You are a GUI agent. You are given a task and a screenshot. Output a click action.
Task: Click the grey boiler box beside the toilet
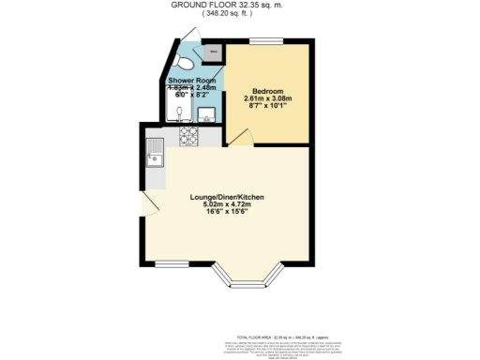[x=214, y=52]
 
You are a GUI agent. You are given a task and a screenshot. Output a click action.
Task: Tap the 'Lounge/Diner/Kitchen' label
[x=228, y=197]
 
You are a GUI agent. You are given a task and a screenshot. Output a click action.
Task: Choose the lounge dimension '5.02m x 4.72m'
[x=228, y=205]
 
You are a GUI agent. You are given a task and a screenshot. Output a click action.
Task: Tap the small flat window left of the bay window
[x=172, y=262]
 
